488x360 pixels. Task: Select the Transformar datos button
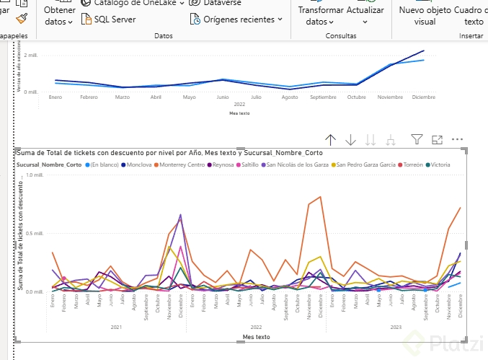320,16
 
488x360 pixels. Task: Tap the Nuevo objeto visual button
425,16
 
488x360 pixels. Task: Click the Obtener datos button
59,16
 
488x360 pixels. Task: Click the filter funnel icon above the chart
416,139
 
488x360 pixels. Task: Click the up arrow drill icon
331,139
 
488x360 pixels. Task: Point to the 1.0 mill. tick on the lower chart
34,175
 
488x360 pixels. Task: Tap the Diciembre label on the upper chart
423,96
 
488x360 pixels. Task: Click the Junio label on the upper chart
223,96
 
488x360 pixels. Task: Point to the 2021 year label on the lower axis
116,327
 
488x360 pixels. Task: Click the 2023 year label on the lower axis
395,327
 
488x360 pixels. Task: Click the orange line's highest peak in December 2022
320,197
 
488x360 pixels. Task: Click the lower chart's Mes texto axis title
257,336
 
